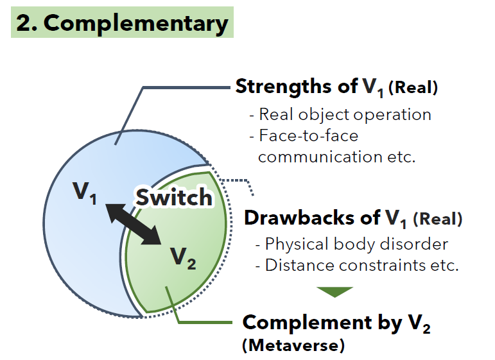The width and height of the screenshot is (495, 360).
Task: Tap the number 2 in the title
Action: tap(24, 23)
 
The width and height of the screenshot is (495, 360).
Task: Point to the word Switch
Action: tap(173, 197)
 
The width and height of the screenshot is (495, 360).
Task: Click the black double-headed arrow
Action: tap(133, 223)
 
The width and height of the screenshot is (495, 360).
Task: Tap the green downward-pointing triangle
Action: tap(335, 292)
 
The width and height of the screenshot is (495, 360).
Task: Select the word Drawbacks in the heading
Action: tap(294, 218)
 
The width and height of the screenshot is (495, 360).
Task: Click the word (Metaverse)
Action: tap(293, 345)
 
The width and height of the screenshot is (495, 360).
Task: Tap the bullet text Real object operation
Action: tap(345, 115)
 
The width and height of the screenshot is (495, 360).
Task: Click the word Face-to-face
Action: tap(309, 135)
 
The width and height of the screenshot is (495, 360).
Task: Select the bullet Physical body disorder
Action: tap(356, 244)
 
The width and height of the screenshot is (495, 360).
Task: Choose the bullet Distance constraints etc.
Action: tap(361, 264)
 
